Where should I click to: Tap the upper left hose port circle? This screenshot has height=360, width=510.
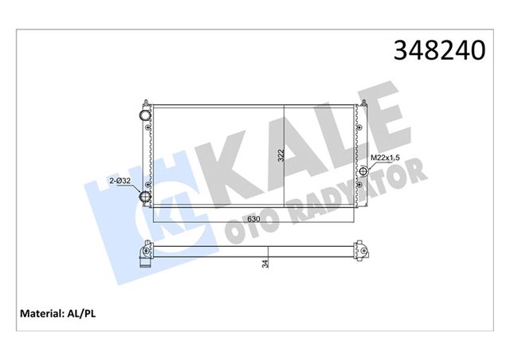[x=146, y=116]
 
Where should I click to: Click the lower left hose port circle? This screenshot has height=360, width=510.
[x=146, y=198]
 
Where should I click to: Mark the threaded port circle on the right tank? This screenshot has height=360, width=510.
[x=364, y=171]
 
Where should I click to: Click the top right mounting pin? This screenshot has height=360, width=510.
[x=364, y=103]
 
